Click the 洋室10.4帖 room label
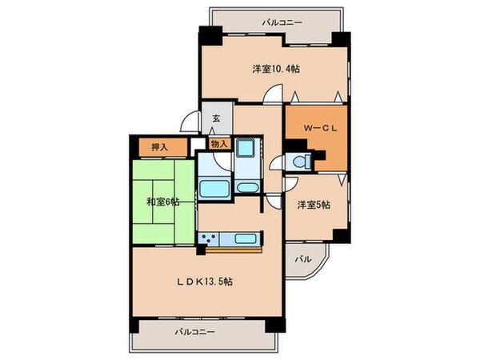click(x=276, y=69)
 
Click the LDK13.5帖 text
click(x=204, y=281)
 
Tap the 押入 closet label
click(x=160, y=147)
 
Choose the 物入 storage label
click(x=218, y=145)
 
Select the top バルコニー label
click(x=282, y=23)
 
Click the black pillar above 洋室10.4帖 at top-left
click(x=208, y=36)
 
